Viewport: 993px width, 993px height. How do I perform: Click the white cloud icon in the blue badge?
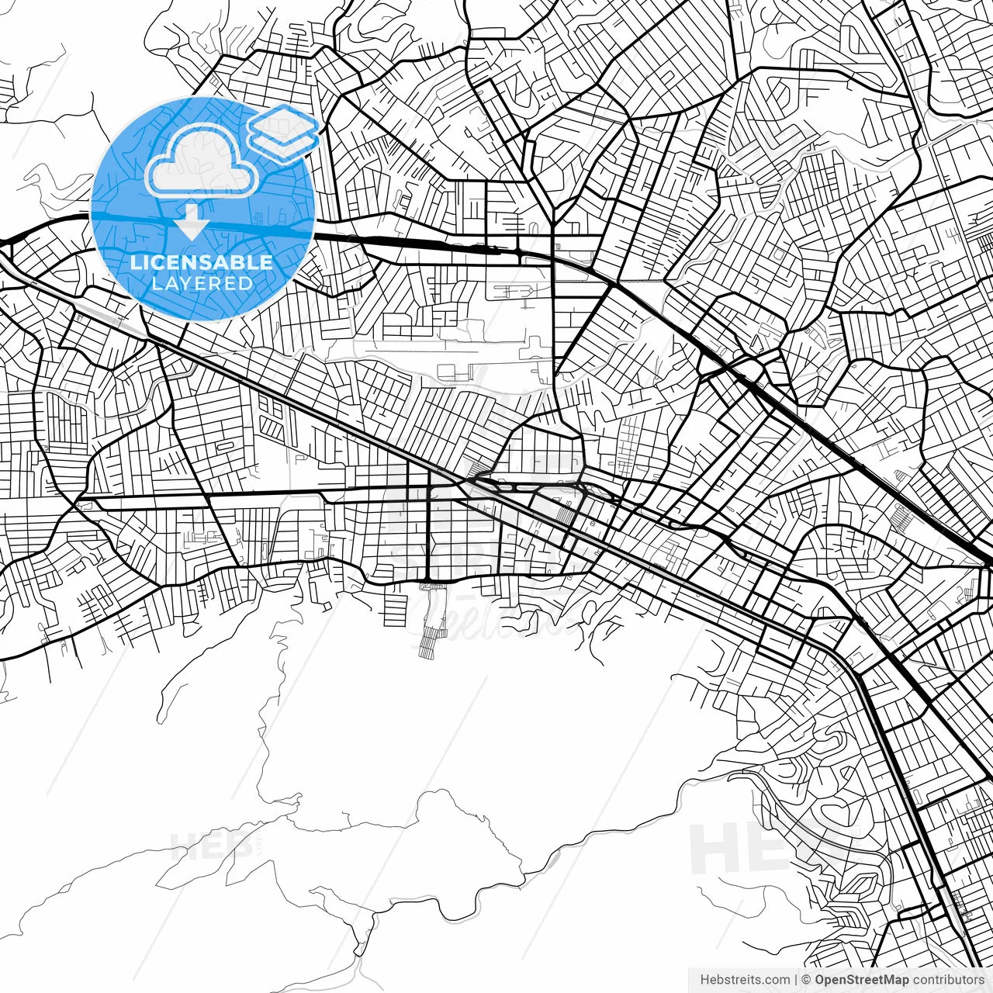[x=202, y=161]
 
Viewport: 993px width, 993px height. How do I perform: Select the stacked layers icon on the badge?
[x=283, y=131]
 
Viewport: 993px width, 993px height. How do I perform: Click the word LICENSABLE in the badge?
[x=202, y=262]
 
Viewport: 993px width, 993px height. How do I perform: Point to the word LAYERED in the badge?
[x=202, y=284]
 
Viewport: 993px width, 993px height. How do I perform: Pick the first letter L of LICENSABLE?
[x=136, y=262]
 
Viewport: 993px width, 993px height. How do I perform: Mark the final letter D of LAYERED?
[x=247, y=284]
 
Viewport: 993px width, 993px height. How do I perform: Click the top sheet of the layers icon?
[x=283, y=122]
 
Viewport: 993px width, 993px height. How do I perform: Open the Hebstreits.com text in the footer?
[x=745, y=980]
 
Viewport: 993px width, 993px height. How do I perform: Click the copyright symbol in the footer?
[x=806, y=980]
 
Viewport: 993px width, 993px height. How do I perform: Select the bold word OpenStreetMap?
[x=861, y=980]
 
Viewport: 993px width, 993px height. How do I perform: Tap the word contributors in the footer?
[x=949, y=980]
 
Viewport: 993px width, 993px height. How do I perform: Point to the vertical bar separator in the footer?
[x=796, y=980]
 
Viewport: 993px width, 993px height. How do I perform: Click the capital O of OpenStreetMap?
[x=819, y=980]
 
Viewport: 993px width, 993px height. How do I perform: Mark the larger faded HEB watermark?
[x=745, y=847]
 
